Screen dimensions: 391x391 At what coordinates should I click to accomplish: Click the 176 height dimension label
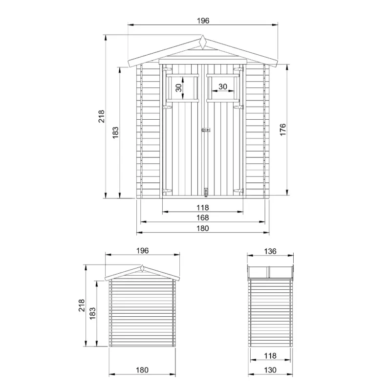click(x=282, y=130)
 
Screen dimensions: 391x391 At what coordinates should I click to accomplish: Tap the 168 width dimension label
click(x=202, y=217)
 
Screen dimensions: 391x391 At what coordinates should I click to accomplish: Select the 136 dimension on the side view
click(x=270, y=251)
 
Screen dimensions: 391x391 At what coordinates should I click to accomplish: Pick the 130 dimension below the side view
click(x=270, y=370)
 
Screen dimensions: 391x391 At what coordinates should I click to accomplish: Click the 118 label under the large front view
click(x=202, y=207)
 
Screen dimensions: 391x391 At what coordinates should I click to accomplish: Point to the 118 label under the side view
click(x=270, y=356)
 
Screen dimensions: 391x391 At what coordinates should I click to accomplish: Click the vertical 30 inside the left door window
click(x=178, y=88)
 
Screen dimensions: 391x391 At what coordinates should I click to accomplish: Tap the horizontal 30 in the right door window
click(x=223, y=87)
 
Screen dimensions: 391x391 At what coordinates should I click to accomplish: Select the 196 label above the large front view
click(x=203, y=21)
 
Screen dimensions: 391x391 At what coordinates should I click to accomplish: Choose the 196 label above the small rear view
click(x=142, y=251)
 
